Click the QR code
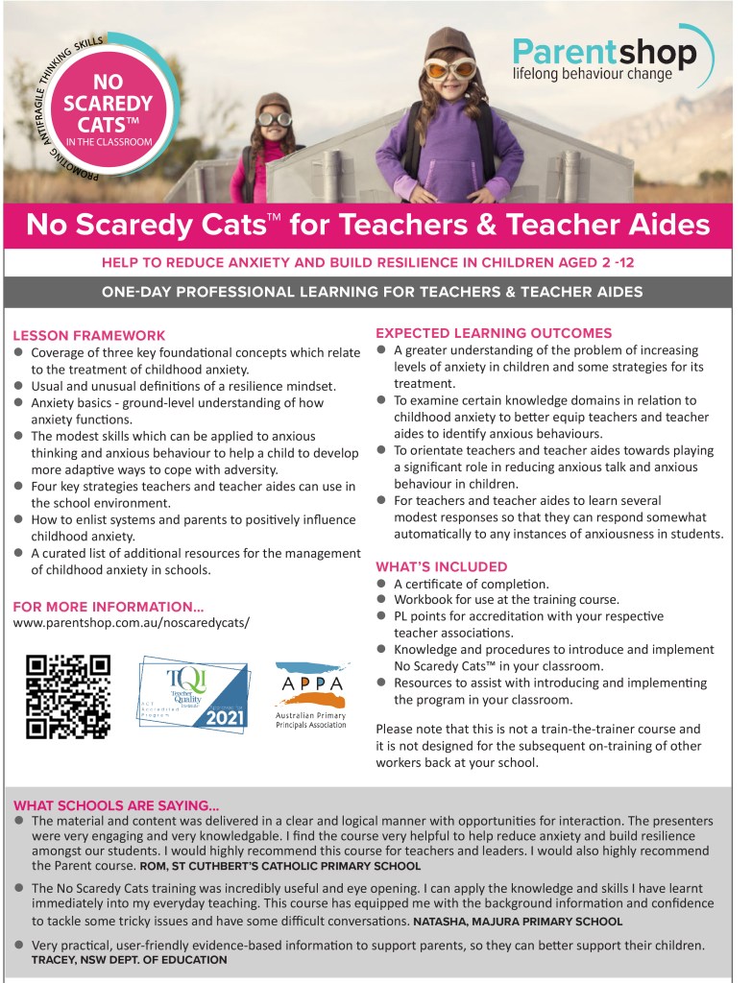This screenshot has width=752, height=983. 67,695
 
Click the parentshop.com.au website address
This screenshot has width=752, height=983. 132,622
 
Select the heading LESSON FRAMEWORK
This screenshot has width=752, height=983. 89,336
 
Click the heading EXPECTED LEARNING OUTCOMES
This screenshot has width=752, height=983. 494,333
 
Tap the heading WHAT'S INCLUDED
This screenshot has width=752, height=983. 442,566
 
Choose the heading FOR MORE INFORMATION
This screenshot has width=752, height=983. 109,606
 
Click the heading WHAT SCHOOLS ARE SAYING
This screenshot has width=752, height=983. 116,804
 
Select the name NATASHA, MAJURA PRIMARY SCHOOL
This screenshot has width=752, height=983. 518,921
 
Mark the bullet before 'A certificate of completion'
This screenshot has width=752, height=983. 381,583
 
